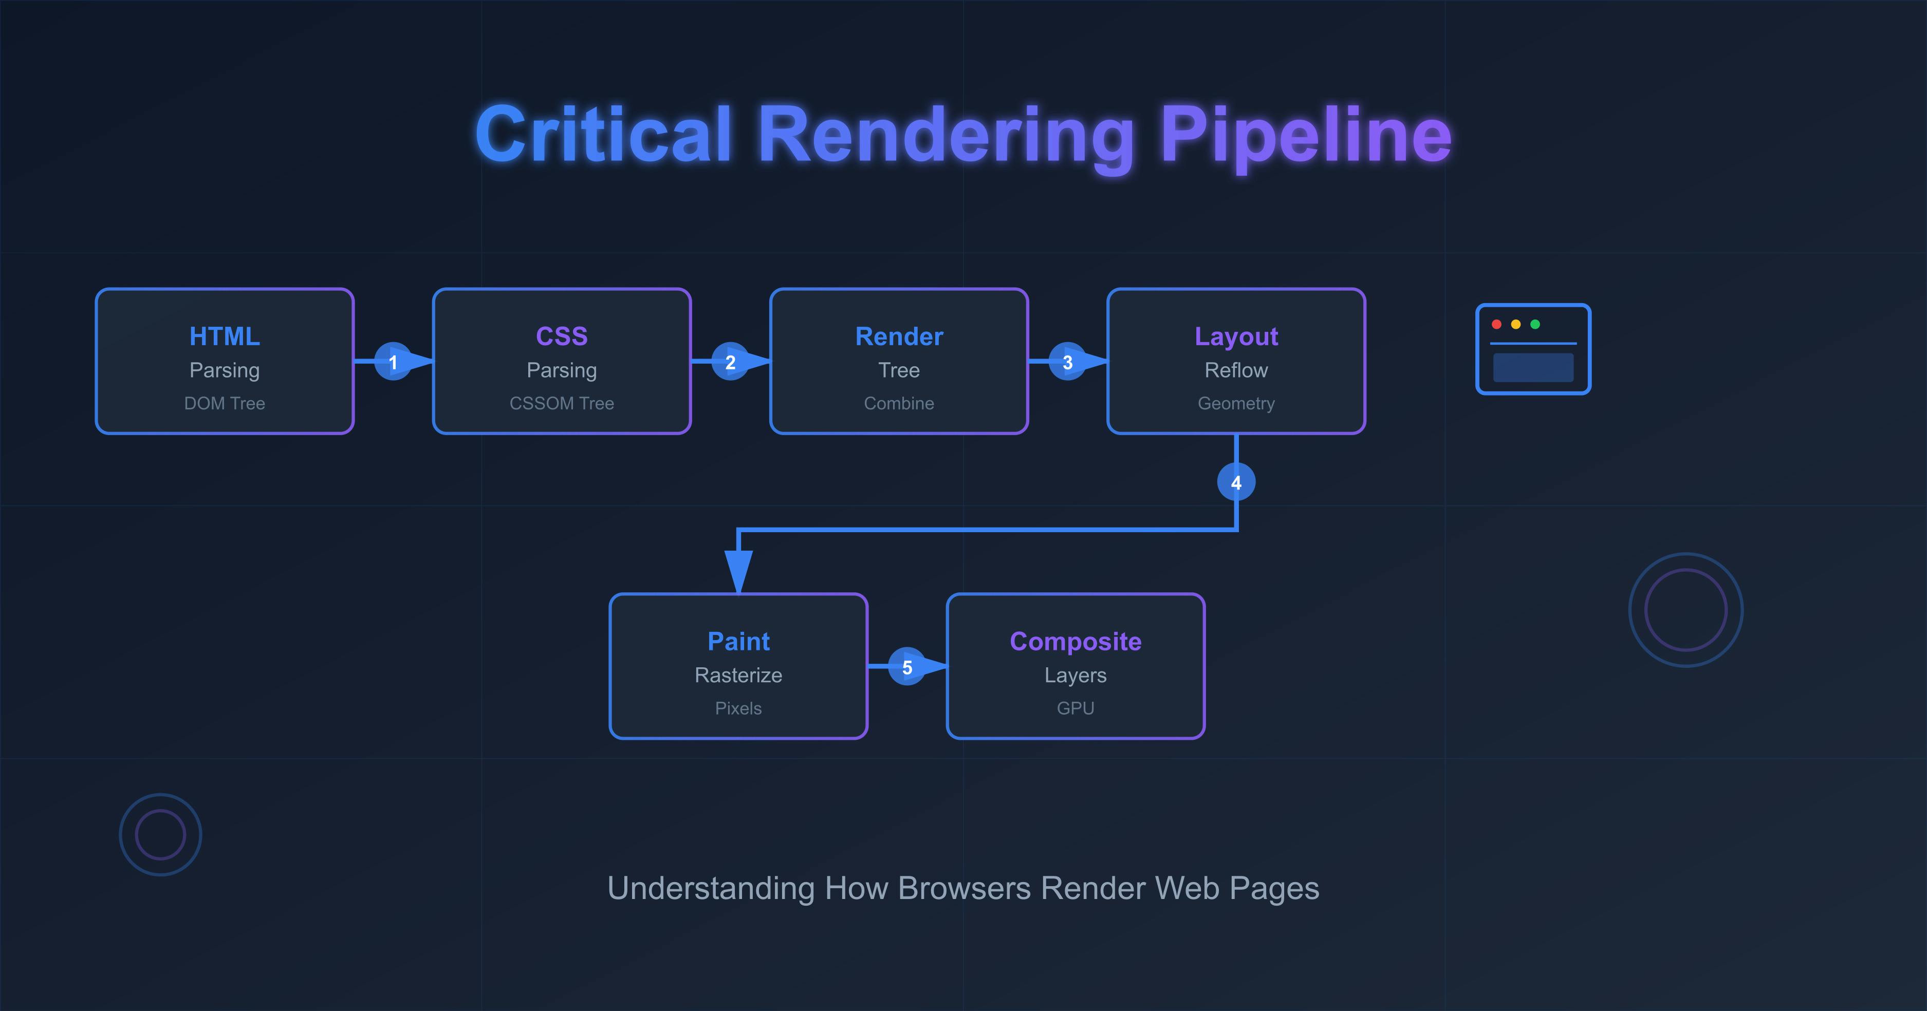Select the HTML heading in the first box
[225, 336]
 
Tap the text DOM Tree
[225, 404]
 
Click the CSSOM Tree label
[562, 404]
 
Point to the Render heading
[899, 336]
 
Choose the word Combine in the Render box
[899, 404]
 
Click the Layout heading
[1236, 336]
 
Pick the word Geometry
[1236, 404]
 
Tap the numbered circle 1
[393, 362]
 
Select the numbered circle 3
[1067, 362]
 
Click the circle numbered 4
[1236, 482]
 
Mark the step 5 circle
[906, 667]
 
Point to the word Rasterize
[738, 675]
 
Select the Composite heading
[1075, 642]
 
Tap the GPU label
[1075, 708]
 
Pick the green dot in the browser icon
[1535, 325]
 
